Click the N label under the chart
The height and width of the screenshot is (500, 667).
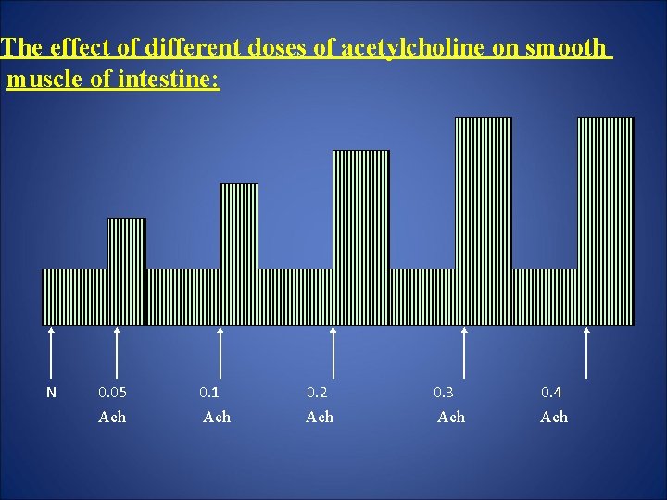[x=51, y=393]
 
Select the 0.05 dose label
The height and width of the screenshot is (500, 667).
[x=112, y=393]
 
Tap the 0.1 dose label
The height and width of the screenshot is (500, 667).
[x=209, y=393]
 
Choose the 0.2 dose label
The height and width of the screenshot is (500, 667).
[x=318, y=393]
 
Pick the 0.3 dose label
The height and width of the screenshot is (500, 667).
[x=445, y=393]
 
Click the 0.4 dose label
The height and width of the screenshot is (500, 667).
[x=551, y=393]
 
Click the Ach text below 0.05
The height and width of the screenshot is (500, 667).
[x=112, y=418]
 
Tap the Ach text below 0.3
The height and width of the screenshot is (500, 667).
[x=451, y=418]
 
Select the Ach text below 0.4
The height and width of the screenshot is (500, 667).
[x=554, y=418]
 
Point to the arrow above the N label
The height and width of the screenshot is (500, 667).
[x=51, y=352]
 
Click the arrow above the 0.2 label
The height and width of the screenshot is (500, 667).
[x=333, y=352]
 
